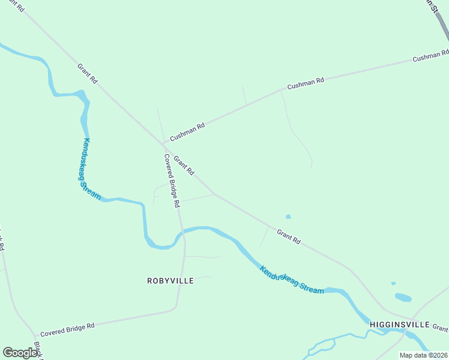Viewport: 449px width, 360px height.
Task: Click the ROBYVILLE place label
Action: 170,280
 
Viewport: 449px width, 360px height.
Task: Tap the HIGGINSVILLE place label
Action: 399,325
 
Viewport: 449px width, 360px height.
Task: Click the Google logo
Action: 20,352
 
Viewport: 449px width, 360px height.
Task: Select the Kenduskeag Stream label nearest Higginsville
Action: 292,280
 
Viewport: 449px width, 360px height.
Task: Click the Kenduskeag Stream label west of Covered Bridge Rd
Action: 91,169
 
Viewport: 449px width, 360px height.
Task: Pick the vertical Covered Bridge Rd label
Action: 172,181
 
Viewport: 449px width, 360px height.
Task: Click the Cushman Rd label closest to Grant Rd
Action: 187,130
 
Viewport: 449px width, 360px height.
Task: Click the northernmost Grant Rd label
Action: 88,73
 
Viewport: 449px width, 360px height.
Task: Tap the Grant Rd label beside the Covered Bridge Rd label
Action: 184,166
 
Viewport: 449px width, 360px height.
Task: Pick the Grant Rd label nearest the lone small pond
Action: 288,236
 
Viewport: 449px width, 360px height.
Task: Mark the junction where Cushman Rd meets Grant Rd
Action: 164,144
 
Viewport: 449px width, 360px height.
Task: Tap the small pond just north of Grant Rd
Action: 289,217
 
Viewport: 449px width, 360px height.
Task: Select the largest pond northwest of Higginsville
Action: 403,297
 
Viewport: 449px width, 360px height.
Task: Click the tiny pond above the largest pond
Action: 393,283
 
